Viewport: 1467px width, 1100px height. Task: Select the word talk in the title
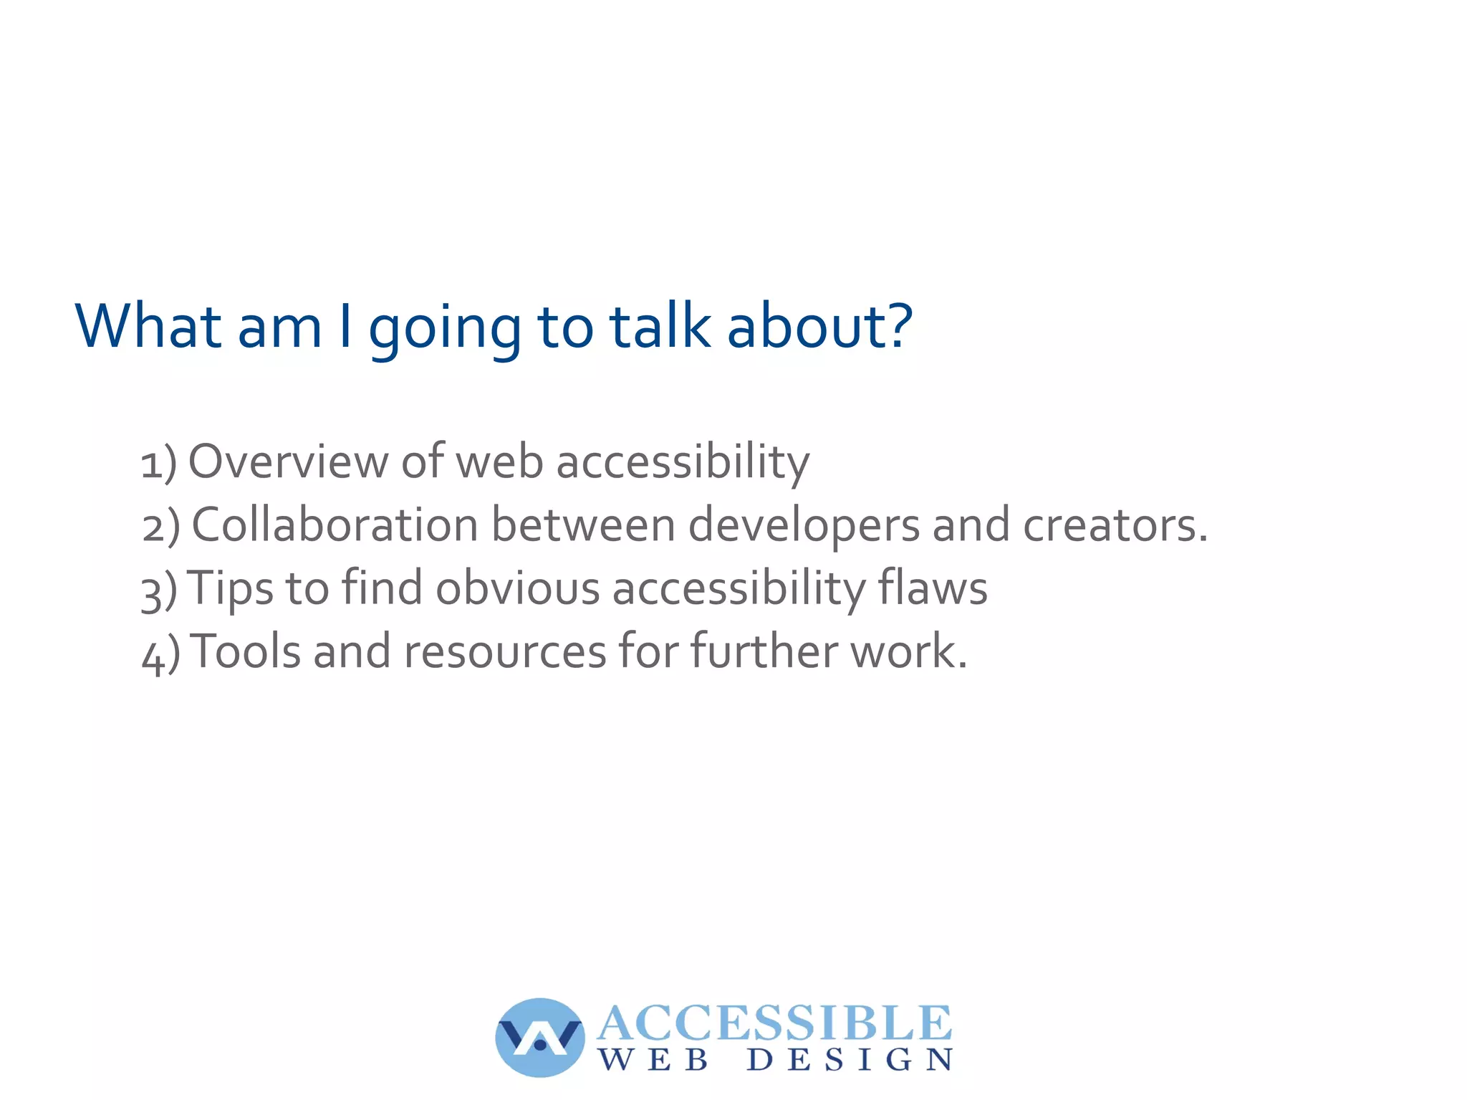point(660,327)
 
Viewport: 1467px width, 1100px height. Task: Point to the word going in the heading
point(444,330)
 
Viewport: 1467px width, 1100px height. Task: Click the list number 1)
point(158,463)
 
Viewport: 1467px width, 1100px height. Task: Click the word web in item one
point(499,461)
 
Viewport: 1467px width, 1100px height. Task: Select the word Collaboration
point(335,525)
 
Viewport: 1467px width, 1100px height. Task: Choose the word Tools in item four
point(246,652)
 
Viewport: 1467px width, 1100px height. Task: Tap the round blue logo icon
point(539,1037)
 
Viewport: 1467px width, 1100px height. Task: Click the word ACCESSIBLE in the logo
point(774,1023)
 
